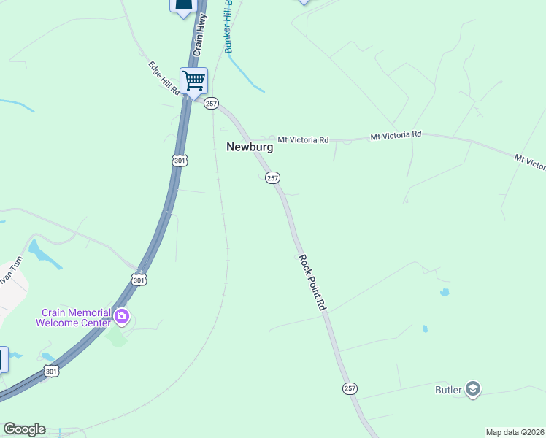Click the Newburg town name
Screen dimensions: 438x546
click(x=250, y=147)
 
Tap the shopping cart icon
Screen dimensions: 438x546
click(x=194, y=80)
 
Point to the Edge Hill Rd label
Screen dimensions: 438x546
click(x=164, y=78)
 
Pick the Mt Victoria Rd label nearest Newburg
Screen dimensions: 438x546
click(x=303, y=139)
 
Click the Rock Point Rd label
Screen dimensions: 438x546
click(x=311, y=283)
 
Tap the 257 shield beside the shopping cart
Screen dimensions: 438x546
click(x=211, y=104)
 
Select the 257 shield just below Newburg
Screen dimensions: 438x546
click(x=272, y=178)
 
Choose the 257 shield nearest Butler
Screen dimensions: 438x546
click(x=350, y=388)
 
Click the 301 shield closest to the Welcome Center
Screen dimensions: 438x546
click(x=139, y=280)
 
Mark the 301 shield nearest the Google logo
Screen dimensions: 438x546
click(x=50, y=372)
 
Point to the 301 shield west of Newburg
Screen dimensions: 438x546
click(x=180, y=160)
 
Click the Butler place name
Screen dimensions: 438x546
click(x=449, y=390)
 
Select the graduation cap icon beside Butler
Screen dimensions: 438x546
click(x=473, y=389)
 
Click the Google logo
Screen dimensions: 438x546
click(x=24, y=429)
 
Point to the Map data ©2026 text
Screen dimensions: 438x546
click(x=514, y=432)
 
